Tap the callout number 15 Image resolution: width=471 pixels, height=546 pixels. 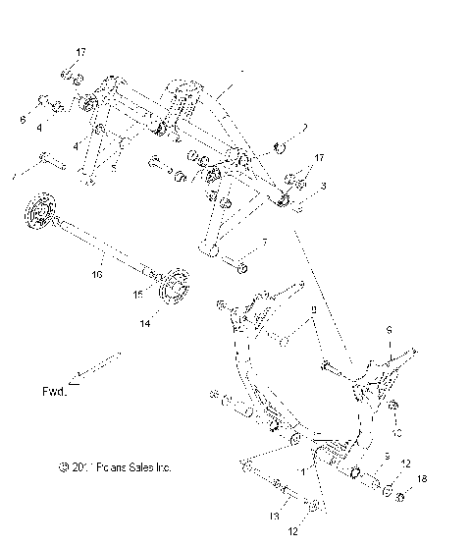click(x=138, y=293)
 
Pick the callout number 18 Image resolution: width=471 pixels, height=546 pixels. click(x=423, y=478)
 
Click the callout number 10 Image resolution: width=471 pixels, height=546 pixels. click(x=397, y=431)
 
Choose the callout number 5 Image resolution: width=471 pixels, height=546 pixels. click(x=114, y=167)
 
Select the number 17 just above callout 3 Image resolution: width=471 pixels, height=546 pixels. click(x=317, y=157)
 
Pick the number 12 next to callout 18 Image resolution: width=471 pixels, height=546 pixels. click(x=406, y=464)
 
